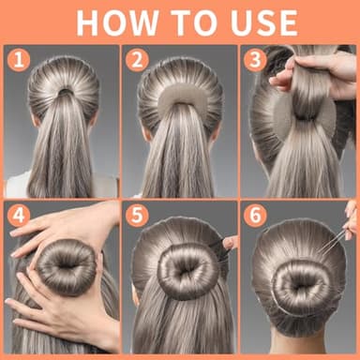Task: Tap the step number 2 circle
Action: coord(136,61)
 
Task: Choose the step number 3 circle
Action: coord(256,61)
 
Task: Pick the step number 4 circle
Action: coord(18,216)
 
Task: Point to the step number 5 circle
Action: coord(137,216)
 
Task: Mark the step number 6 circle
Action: coord(256,216)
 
